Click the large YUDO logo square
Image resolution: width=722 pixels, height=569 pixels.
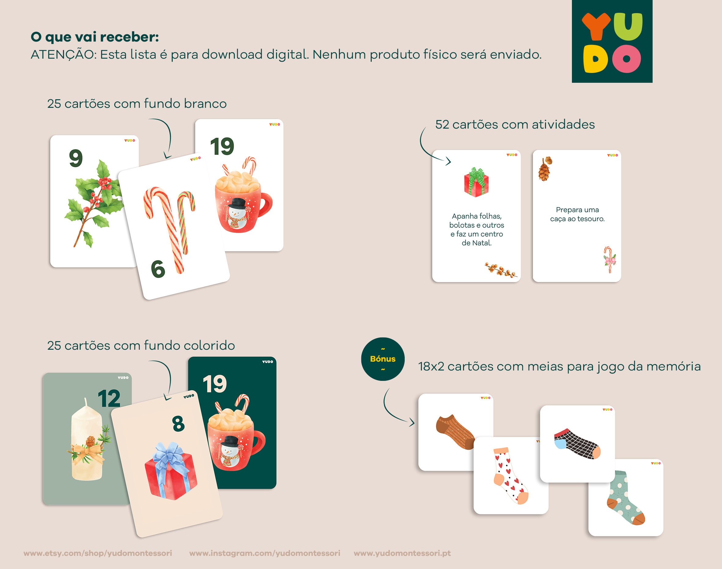(612, 41)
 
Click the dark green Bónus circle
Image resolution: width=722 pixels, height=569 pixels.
(383, 359)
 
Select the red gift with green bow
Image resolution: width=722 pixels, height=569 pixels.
(476, 183)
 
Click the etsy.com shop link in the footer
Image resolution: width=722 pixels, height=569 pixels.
(98, 553)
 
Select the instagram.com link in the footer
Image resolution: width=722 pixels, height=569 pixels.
(265, 553)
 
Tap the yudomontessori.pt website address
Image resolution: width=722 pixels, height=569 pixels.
(402, 553)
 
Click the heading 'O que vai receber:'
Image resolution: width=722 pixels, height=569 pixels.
(95, 37)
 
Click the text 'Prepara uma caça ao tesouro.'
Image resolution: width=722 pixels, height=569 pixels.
(577, 214)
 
